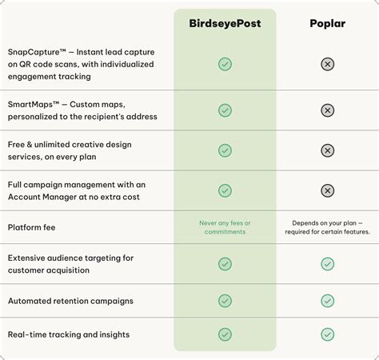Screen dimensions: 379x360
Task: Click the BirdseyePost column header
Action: pos(225,23)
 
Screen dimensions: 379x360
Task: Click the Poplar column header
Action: pos(327,23)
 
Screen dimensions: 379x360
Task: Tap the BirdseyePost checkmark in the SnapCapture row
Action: pos(225,64)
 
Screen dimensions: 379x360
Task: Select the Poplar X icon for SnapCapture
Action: pos(327,64)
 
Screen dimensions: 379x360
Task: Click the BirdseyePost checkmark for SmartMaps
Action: pos(225,110)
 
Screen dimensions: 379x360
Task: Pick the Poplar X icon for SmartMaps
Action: pos(327,110)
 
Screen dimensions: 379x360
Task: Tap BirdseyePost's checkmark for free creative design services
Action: pos(225,150)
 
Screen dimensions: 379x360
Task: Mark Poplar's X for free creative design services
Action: pos(327,150)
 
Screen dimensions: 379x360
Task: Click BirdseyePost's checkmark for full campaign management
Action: pos(225,190)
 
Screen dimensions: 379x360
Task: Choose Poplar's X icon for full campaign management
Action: pos(327,190)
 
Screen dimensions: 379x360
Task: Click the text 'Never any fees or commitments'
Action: pos(225,227)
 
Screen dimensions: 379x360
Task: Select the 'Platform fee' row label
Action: pos(31,227)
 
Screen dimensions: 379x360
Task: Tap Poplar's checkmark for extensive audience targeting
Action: pos(327,264)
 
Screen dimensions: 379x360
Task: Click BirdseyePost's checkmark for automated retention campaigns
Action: pos(225,301)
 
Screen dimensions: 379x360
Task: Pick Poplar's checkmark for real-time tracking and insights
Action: pos(327,334)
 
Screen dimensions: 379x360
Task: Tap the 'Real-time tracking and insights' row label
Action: pos(68,334)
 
